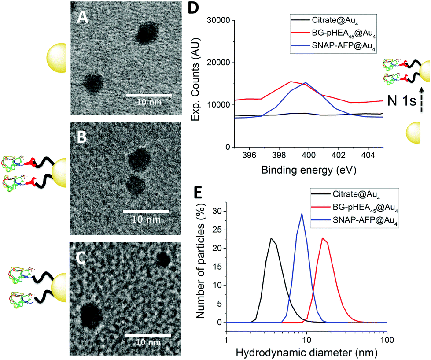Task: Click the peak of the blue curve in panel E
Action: pos(302,214)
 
